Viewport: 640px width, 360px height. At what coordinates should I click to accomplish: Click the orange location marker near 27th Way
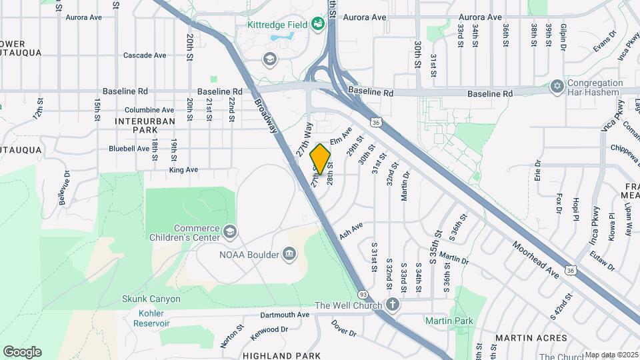coord(321,159)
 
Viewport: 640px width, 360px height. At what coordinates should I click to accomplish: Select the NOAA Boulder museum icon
coord(289,253)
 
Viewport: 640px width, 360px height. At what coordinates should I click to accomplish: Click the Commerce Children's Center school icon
coord(230,231)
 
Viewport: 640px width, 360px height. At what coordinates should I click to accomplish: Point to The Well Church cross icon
coord(393,305)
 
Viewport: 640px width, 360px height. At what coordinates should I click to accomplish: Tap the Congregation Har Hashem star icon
coord(557,87)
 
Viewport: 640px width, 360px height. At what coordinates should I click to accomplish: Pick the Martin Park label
coord(449,321)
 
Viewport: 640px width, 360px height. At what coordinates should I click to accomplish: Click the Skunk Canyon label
coord(151,299)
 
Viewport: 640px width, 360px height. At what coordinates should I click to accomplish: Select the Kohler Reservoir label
coord(145,318)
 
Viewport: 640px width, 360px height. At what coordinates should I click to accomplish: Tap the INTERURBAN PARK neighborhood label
coord(145,126)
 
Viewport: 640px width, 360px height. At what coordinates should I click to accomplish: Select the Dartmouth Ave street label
coord(285,315)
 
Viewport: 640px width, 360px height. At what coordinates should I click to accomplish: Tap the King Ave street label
coord(184,170)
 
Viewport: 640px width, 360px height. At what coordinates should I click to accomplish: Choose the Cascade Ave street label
coord(145,55)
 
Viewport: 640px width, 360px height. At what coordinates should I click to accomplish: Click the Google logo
coord(22,352)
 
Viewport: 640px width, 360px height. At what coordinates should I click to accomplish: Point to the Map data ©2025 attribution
coord(611,355)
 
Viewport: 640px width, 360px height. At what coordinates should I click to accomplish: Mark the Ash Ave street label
coord(351,231)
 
